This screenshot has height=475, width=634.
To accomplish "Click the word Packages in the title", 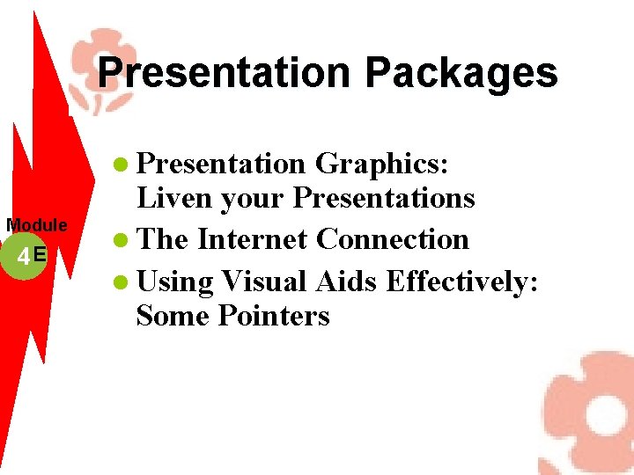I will click(x=461, y=73).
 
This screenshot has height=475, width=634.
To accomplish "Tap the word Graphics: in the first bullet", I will click(x=382, y=164).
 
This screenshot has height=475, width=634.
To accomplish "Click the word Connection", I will click(x=393, y=239).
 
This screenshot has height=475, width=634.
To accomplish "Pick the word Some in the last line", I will click(x=173, y=315).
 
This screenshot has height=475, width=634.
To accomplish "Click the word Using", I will click(x=175, y=282).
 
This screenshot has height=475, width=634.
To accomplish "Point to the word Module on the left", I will click(x=37, y=226).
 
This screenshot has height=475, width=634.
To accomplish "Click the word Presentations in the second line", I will click(x=384, y=199).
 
